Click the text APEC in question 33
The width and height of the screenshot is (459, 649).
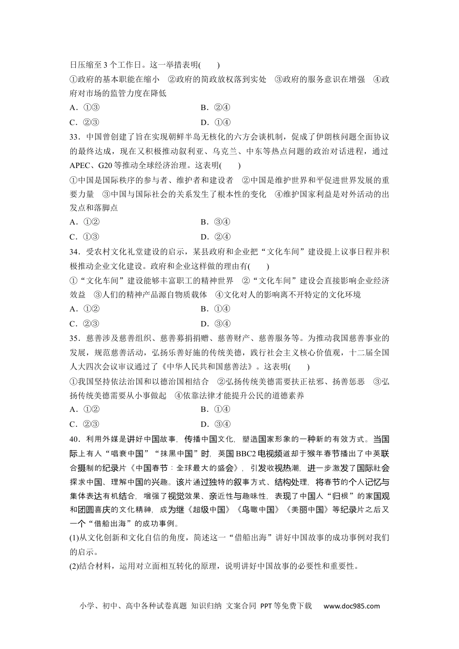(x=80, y=166)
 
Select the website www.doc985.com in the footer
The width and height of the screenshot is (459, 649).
(x=352, y=606)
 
